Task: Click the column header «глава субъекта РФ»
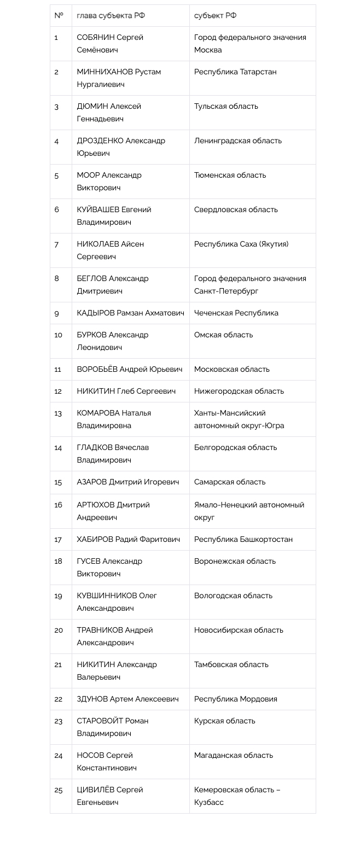pyautogui.click(x=111, y=16)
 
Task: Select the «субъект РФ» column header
pyautogui.click(x=215, y=16)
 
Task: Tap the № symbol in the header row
pyautogui.click(x=59, y=16)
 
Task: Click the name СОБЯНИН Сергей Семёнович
pyautogui.click(x=110, y=44)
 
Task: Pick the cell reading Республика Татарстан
pyautogui.click(x=235, y=72)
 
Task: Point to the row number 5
pyautogui.click(x=56, y=176)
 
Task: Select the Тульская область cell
pyautogui.click(x=226, y=107)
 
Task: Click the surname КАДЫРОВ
pyautogui.click(x=96, y=313)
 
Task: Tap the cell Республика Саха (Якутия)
pyautogui.click(x=241, y=244)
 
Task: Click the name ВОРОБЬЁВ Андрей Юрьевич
pyautogui.click(x=130, y=370)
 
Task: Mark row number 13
pyautogui.click(x=58, y=413)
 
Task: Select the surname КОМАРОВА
pyautogui.click(x=98, y=413)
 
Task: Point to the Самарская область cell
pyautogui.click(x=230, y=482)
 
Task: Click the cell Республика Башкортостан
pyautogui.click(x=243, y=540)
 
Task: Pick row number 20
pyautogui.click(x=59, y=630)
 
